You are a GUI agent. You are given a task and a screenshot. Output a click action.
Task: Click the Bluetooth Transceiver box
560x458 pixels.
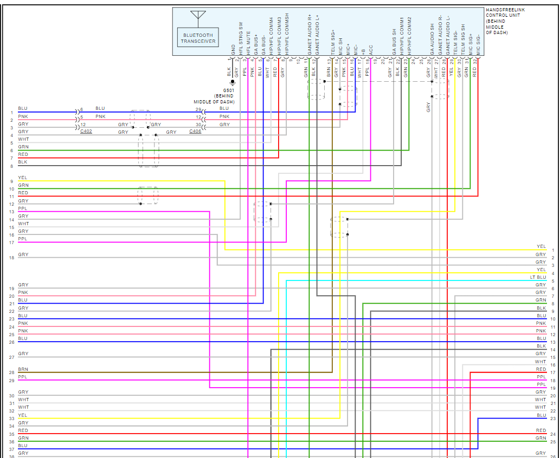(x=198, y=38)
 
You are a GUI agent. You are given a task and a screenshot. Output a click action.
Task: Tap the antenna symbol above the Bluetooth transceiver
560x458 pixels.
(x=198, y=18)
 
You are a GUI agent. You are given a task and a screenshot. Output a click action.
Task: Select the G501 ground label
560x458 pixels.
(x=229, y=90)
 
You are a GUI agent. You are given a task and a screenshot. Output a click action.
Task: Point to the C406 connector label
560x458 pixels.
(x=196, y=132)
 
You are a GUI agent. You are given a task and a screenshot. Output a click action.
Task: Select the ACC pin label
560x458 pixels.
(x=371, y=50)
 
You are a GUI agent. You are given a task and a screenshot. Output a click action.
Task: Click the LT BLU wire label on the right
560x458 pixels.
(x=538, y=277)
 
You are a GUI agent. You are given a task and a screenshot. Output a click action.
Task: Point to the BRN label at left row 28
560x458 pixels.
(x=23, y=369)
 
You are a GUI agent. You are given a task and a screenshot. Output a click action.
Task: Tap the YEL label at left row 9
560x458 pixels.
(x=22, y=177)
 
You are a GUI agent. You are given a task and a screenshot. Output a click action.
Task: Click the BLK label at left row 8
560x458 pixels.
(x=22, y=162)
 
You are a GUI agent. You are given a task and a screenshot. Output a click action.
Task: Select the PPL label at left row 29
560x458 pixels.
(x=22, y=377)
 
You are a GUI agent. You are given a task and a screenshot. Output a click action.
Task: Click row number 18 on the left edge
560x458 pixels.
(x=11, y=258)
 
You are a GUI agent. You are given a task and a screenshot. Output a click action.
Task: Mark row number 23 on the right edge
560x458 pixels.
(x=552, y=418)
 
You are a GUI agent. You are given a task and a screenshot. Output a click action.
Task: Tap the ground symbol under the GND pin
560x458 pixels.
(x=233, y=82)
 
